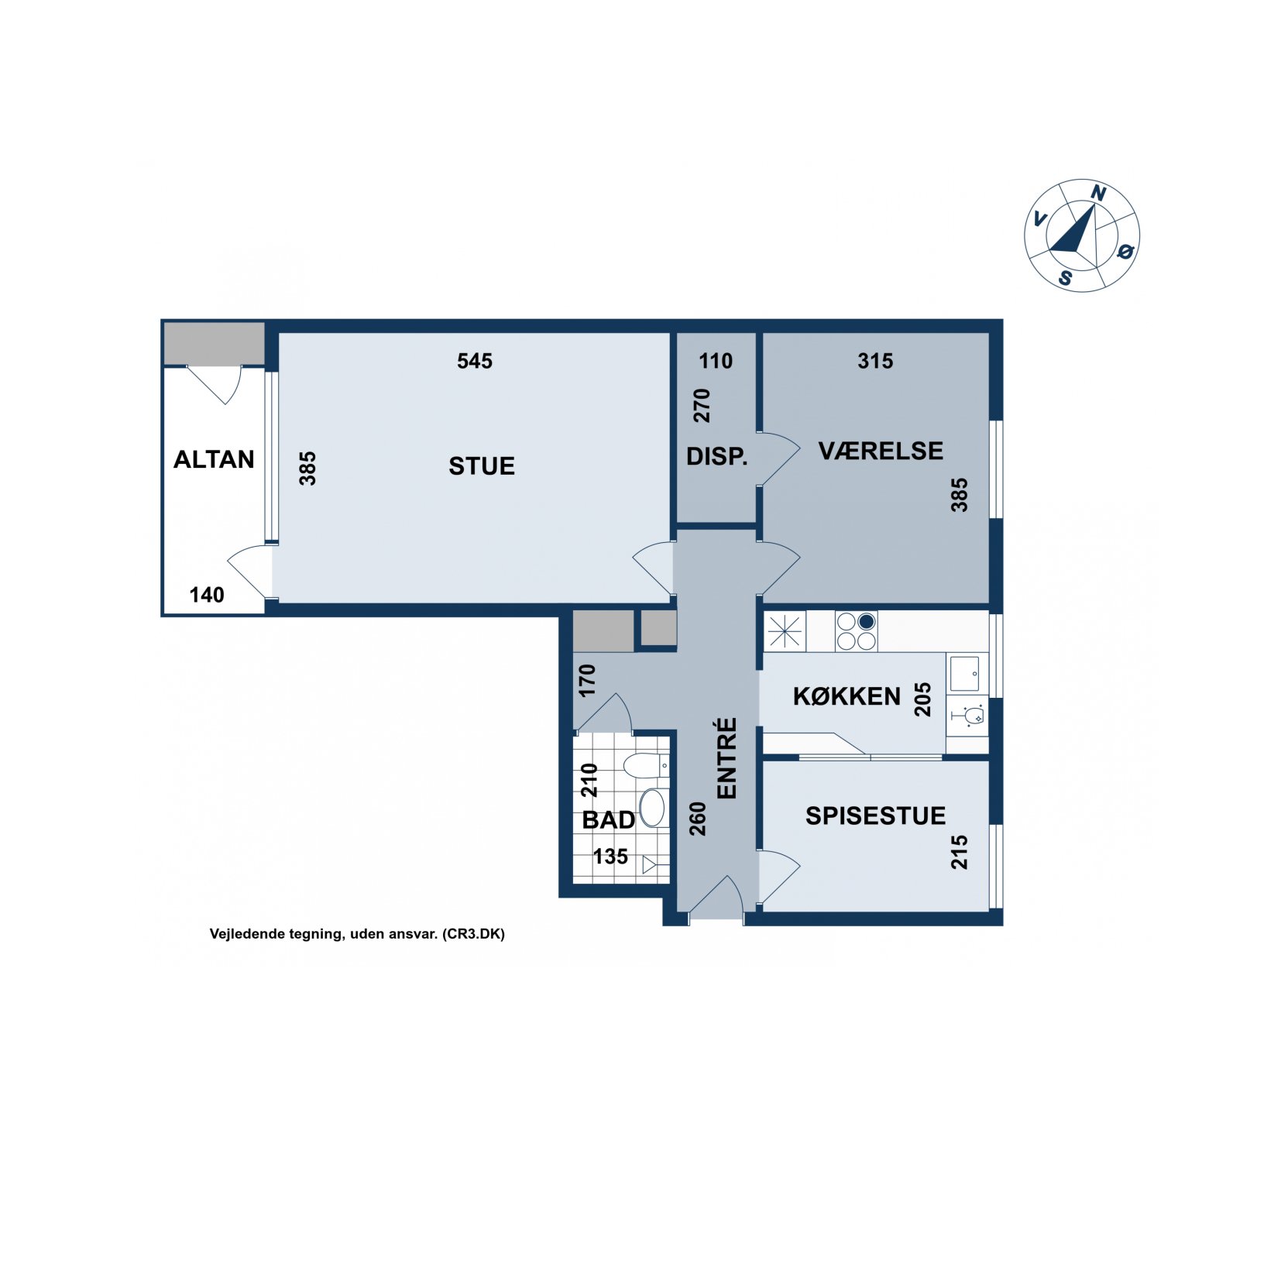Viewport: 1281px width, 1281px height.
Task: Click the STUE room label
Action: point(481,465)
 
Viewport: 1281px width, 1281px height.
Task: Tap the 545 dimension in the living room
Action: point(474,361)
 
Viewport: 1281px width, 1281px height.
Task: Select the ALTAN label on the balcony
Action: point(214,459)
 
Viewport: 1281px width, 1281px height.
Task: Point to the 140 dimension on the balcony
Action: point(207,595)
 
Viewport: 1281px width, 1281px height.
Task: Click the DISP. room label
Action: point(716,456)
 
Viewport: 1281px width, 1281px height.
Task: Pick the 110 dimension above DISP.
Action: point(715,361)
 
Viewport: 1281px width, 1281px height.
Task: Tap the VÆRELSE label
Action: point(881,451)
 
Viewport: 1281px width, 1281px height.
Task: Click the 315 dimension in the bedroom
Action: point(875,361)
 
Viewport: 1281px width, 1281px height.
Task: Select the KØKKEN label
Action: point(847,696)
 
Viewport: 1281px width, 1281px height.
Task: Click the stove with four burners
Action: point(856,630)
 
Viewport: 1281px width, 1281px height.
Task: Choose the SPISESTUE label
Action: point(875,816)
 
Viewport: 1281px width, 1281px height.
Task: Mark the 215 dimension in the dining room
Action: point(959,851)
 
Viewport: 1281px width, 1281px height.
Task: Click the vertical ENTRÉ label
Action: point(726,757)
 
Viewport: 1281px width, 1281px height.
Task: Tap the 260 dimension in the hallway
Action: point(698,818)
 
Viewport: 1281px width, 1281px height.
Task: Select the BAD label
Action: point(609,819)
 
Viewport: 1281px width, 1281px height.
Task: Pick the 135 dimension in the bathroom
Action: point(610,856)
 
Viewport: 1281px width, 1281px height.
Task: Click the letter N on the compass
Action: point(1097,193)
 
